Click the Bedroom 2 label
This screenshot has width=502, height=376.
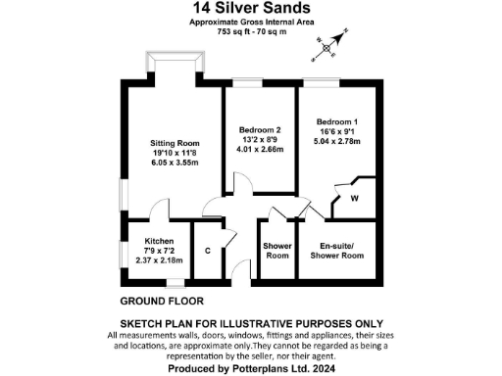260,130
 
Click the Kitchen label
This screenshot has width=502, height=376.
159,241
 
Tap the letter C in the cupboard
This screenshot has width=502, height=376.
207,251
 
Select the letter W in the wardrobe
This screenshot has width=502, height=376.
353,199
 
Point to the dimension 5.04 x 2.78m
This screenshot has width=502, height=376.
336,140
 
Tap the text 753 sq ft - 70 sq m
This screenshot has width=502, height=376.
250,32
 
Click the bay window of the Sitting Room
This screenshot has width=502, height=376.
176,63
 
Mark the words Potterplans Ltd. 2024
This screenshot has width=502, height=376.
283,370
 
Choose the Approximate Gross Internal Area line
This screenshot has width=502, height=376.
250,23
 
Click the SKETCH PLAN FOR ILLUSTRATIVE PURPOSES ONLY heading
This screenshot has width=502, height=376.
250,324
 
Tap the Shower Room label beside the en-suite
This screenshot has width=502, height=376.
277,251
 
